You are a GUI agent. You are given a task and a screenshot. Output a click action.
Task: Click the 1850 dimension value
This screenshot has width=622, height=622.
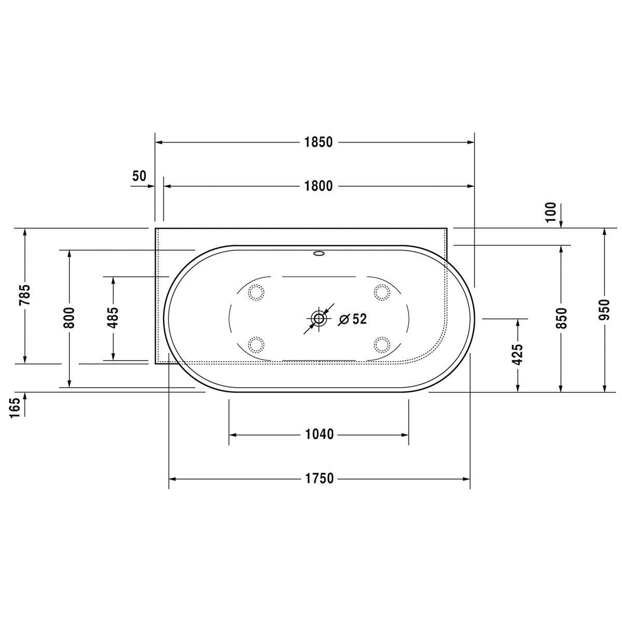point(318,143)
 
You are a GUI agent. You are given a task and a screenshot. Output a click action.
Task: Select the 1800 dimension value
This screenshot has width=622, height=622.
point(318,186)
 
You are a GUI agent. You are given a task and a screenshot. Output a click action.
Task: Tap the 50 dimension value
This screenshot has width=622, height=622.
point(139,176)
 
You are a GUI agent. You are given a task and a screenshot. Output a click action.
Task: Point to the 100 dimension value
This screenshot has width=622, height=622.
point(552,212)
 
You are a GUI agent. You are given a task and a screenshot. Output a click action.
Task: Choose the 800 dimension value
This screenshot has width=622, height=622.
point(69,318)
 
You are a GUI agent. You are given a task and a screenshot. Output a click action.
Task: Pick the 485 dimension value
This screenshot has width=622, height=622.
point(113,318)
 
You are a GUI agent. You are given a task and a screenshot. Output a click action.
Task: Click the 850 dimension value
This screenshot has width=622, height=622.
point(561,318)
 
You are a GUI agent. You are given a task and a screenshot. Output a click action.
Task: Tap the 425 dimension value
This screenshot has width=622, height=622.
point(518,355)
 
